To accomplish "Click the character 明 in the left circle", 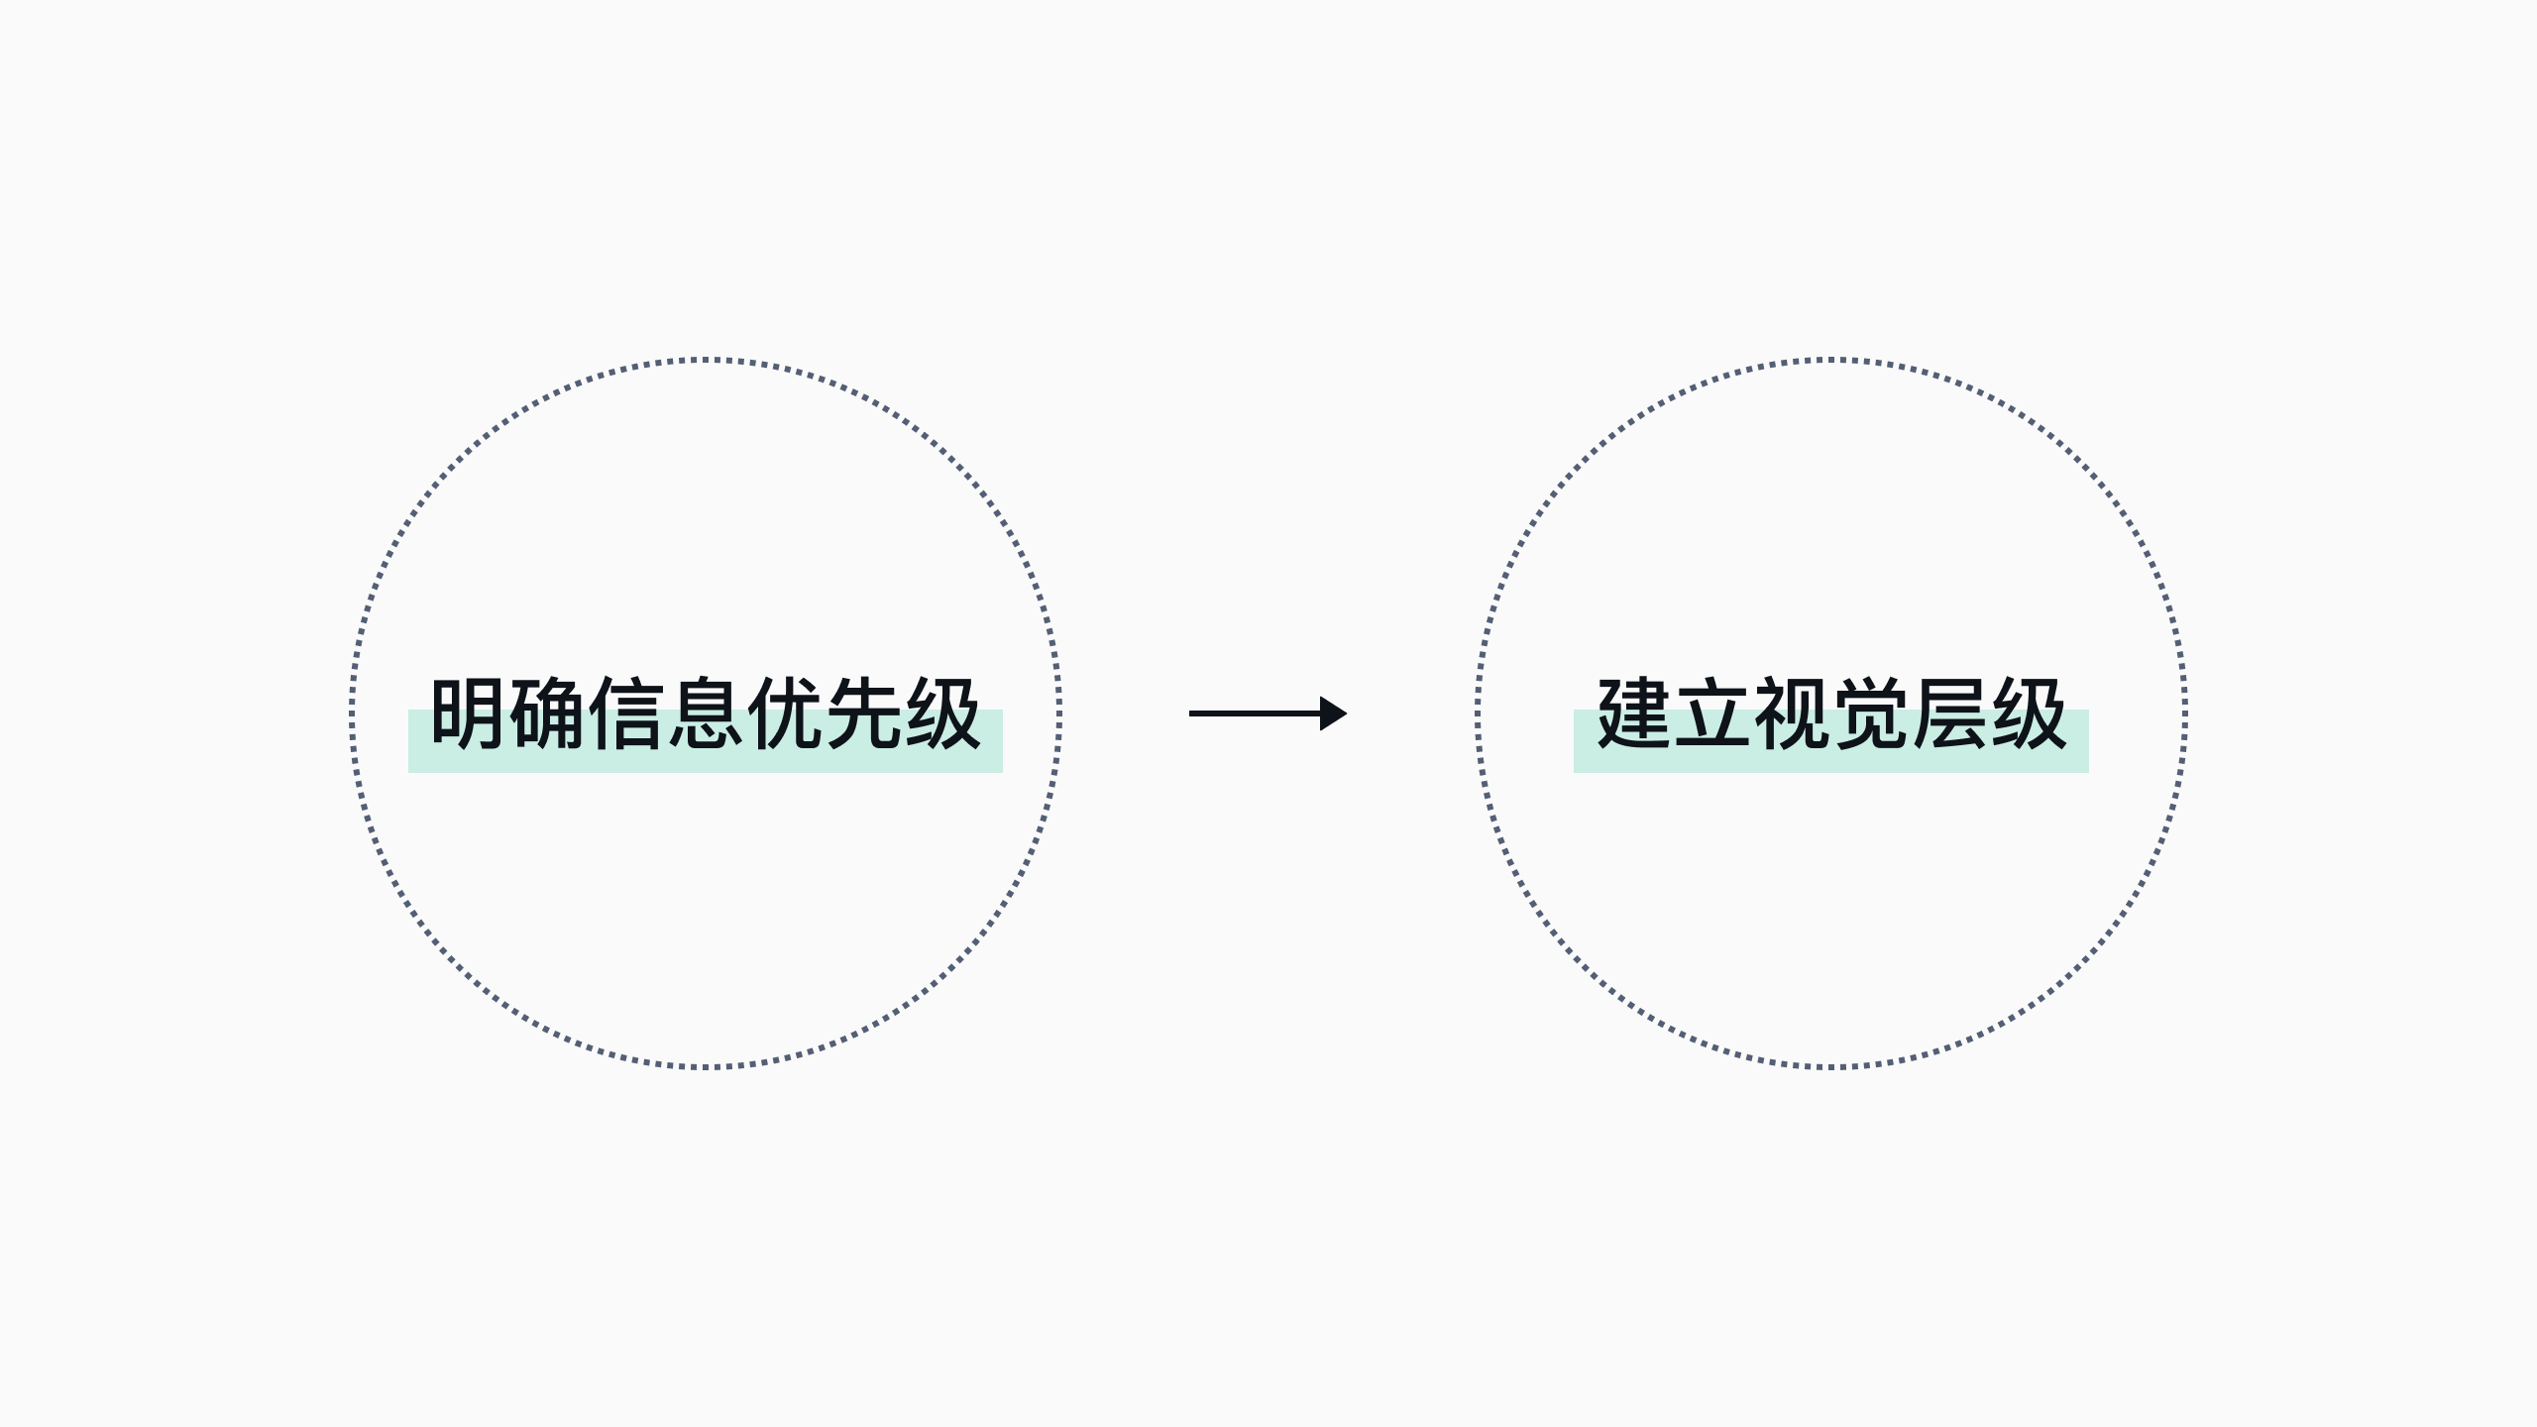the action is click(468, 713).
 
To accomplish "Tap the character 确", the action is click(547, 713).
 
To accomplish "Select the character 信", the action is click(626, 713).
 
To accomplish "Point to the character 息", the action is click(706, 713).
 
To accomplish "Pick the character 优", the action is click(785, 713).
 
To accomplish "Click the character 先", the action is click(864, 713).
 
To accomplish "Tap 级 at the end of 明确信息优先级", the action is click(943, 713).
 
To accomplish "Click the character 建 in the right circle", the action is click(1634, 713).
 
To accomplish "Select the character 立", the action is click(1712, 713).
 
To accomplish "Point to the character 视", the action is click(1792, 713).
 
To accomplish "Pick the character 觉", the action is click(1871, 713).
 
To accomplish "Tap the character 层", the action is click(1950, 713).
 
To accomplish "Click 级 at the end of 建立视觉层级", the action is click(2030, 713).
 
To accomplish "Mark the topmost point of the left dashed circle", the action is click(706, 360).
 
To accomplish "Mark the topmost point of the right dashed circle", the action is click(1831, 360).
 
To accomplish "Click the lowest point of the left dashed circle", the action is click(706, 1066).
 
